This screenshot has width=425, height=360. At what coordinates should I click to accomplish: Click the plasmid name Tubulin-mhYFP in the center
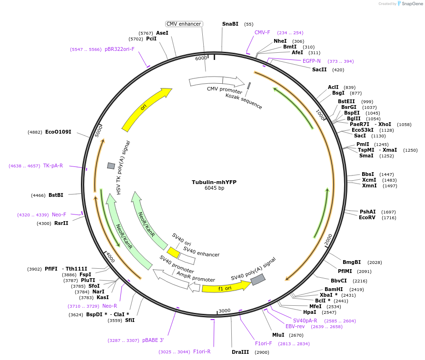[214, 182]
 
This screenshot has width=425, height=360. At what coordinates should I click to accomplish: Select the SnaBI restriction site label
[230, 24]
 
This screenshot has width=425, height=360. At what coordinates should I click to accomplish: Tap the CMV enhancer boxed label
[184, 24]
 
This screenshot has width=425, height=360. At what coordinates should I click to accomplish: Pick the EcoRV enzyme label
[367, 218]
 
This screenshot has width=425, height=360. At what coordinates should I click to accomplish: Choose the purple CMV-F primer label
[262, 32]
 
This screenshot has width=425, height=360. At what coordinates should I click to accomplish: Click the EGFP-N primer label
[312, 61]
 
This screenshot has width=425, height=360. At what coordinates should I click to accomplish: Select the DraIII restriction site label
[240, 352]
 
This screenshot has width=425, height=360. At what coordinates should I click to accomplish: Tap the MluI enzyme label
[278, 335]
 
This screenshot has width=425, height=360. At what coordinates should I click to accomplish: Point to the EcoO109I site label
[58, 132]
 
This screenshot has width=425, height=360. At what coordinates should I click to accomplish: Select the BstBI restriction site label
[56, 195]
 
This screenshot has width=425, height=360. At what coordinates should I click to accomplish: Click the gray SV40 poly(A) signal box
[258, 280]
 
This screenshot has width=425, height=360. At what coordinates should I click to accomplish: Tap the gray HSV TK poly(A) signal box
[111, 165]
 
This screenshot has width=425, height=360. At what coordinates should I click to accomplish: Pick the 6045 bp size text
[214, 188]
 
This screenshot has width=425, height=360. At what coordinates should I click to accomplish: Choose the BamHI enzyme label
[334, 289]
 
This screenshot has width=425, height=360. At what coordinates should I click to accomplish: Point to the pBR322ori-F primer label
[119, 49]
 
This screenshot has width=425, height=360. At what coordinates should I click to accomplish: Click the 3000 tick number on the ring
[225, 311]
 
